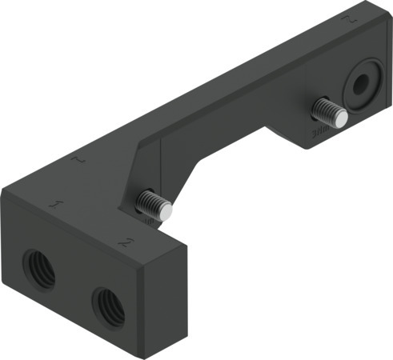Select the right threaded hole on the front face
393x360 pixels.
[x=108, y=304]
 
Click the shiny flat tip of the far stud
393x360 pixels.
[x=341, y=119]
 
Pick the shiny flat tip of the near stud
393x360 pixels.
[x=166, y=211]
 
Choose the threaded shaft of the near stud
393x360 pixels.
[x=150, y=202]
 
